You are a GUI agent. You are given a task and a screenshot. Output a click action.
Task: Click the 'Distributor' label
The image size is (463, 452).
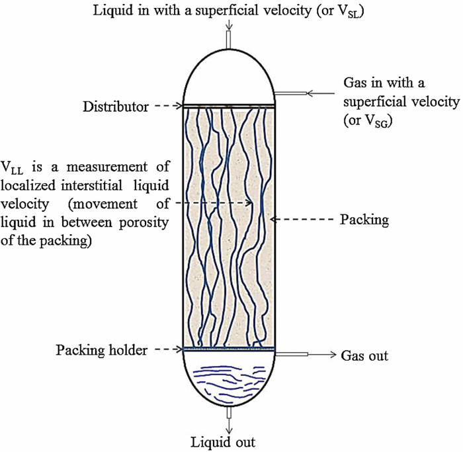pyautogui.click(x=116, y=106)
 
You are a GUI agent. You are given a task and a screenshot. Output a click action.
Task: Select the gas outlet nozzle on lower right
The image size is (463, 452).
pyautogui.click(x=292, y=356)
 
